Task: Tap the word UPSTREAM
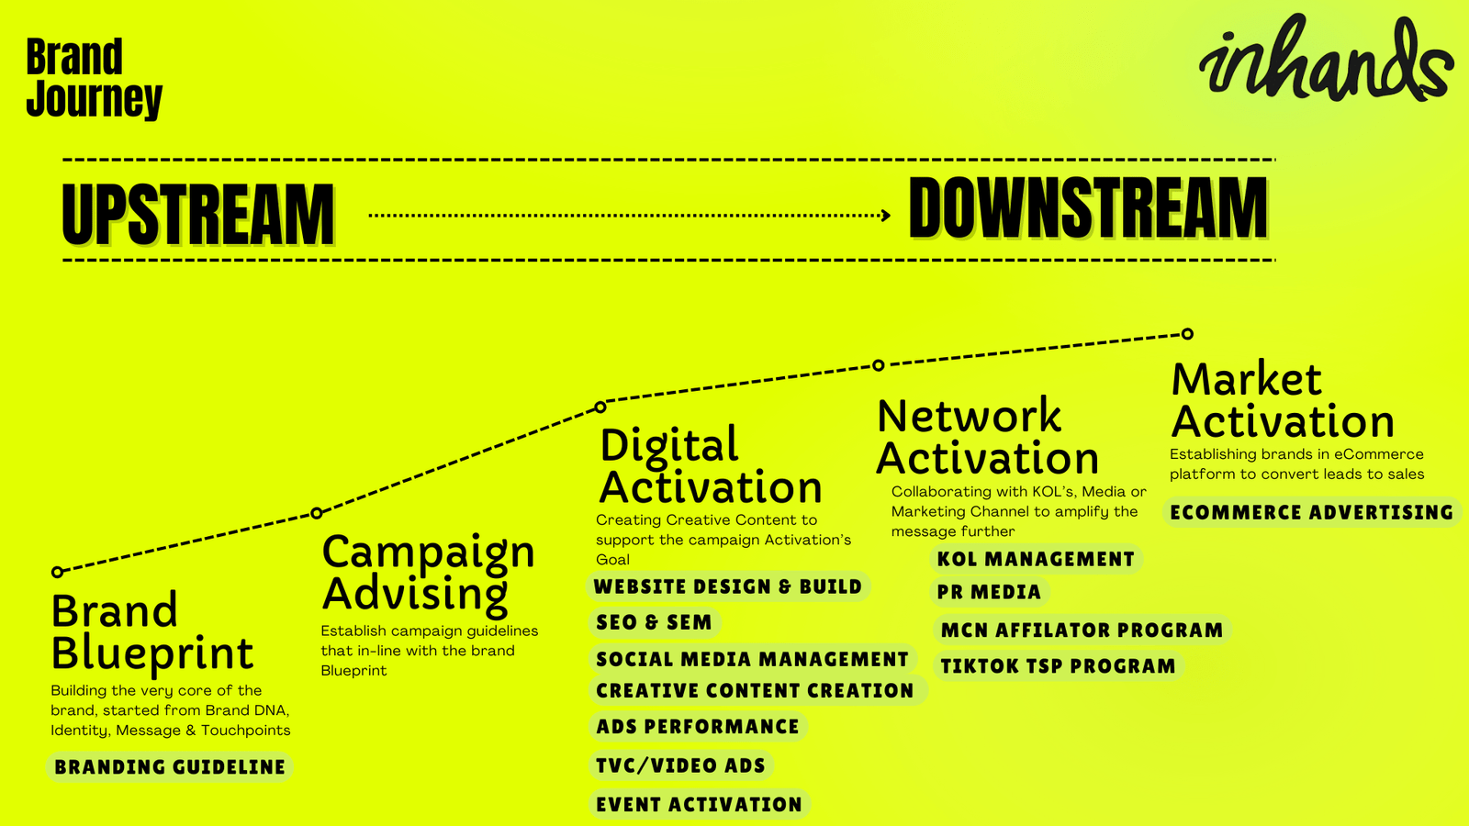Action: (x=198, y=214)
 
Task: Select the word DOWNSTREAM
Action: (x=1089, y=207)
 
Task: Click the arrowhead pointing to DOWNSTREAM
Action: (x=886, y=215)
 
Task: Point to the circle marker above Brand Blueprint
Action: (x=58, y=573)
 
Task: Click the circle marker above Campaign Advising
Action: (x=317, y=513)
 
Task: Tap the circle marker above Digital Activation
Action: (x=600, y=407)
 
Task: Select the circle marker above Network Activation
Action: (x=879, y=365)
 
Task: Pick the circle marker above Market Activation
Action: (x=1187, y=334)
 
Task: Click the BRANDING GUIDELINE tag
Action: (x=169, y=767)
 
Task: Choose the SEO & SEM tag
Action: (x=654, y=622)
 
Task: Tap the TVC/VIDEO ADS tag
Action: (x=680, y=765)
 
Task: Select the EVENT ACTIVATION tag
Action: (x=699, y=804)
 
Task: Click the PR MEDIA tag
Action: (x=989, y=592)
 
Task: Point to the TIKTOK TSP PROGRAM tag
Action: (x=1058, y=666)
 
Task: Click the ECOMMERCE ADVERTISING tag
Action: (x=1312, y=512)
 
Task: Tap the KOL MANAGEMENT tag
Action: (x=1036, y=559)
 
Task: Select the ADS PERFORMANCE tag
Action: (x=698, y=726)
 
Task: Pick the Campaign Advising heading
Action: (x=428, y=573)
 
